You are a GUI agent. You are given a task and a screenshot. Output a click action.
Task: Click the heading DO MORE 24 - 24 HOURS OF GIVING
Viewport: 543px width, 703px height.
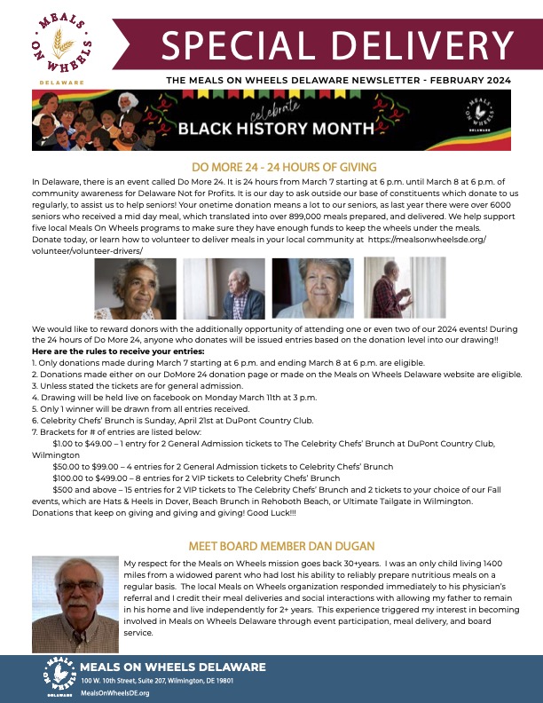[x=271, y=167]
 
